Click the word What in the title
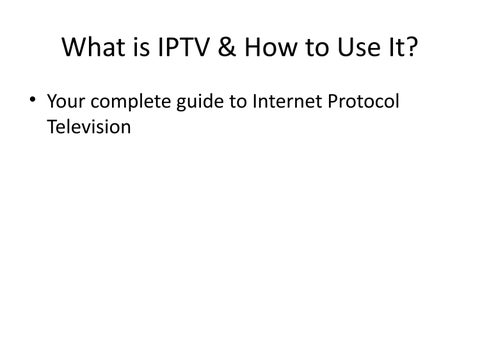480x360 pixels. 94,47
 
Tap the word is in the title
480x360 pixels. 142,47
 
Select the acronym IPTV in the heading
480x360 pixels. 183,47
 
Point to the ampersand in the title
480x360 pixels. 227,47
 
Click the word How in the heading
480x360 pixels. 271,47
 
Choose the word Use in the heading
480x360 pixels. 359,47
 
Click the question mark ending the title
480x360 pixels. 412,47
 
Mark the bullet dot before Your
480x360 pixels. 32,99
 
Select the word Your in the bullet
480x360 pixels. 66,101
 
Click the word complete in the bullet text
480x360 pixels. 131,102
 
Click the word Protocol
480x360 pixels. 363,101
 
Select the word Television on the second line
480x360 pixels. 89,127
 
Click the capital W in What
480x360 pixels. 74,47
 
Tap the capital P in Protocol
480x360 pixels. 332,101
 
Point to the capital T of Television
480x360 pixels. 53,127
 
